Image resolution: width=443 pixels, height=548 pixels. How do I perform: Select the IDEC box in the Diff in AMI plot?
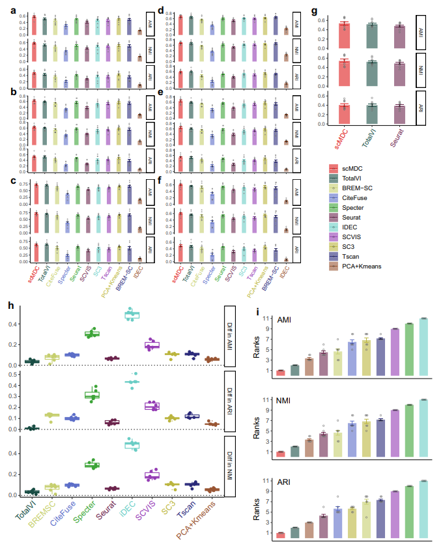tap(132, 315)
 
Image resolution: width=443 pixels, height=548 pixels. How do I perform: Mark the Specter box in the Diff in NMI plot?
tap(91, 465)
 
